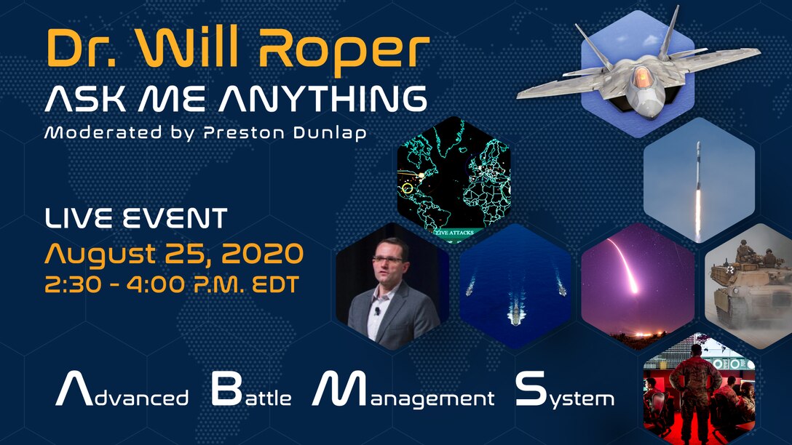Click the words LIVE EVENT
click(x=136, y=219)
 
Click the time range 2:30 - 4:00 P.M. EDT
click(x=171, y=284)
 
